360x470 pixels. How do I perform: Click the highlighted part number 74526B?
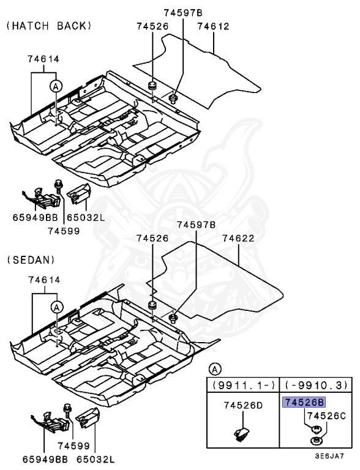(x=304, y=402)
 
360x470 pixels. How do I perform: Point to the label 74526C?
(x=327, y=416)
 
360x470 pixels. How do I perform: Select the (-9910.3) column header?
(x=314, y=385)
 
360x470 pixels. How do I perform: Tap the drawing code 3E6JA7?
(x=329, y=457)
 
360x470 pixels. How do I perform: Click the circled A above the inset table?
(x=214, y=368)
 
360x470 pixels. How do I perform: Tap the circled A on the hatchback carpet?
(x=55, y=87)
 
